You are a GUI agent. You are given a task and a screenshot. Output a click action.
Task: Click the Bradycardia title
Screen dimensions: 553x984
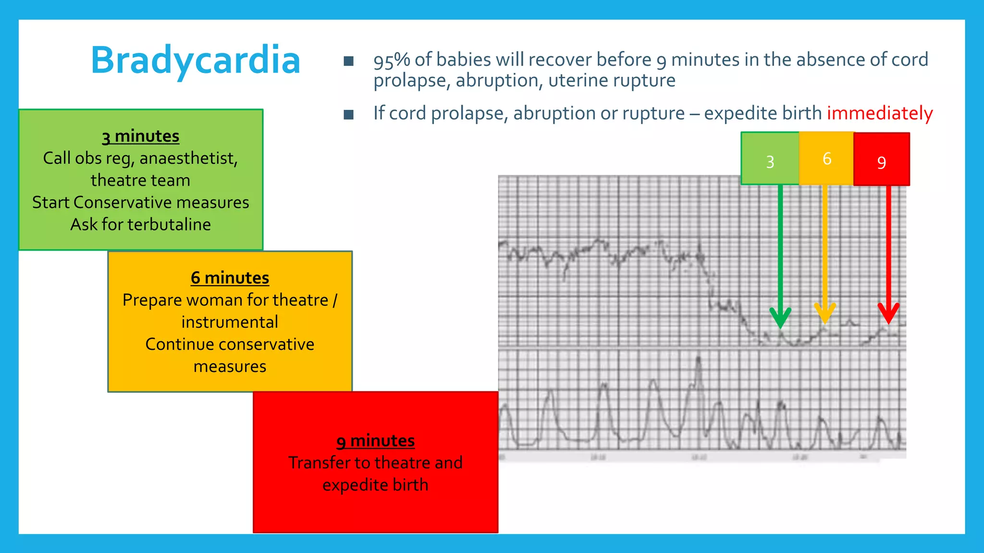(196, 60)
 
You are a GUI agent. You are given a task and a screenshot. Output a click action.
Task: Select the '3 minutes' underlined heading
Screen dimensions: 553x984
(140, 136)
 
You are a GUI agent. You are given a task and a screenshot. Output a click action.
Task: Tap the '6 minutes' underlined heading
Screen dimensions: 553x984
(230, 278)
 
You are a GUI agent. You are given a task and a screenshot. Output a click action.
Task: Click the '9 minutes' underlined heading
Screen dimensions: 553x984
(375, 441)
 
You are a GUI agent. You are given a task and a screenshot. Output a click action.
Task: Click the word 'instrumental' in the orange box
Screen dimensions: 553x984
(230, 322)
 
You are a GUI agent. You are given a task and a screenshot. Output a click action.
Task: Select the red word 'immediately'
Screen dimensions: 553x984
(879, 113)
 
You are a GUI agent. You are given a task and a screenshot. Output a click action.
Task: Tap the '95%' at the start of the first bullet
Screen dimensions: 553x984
(392, 60)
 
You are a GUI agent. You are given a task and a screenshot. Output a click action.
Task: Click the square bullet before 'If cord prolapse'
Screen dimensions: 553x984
(349, 114)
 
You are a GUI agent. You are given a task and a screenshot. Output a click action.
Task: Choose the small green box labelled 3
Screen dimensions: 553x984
(770, 159)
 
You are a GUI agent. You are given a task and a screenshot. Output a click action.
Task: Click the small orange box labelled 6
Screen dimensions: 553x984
(826, 158)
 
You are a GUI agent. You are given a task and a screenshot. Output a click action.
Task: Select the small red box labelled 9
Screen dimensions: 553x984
(882, 159)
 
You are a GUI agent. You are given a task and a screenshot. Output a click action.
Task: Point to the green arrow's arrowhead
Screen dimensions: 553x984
(780, 318)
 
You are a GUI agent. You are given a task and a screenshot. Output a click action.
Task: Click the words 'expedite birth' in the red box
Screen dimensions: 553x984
(375, 485)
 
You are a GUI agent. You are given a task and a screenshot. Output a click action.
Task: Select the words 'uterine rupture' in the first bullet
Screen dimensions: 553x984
(612, 81)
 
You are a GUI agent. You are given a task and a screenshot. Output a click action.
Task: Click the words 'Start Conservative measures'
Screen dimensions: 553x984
(140, 203)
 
